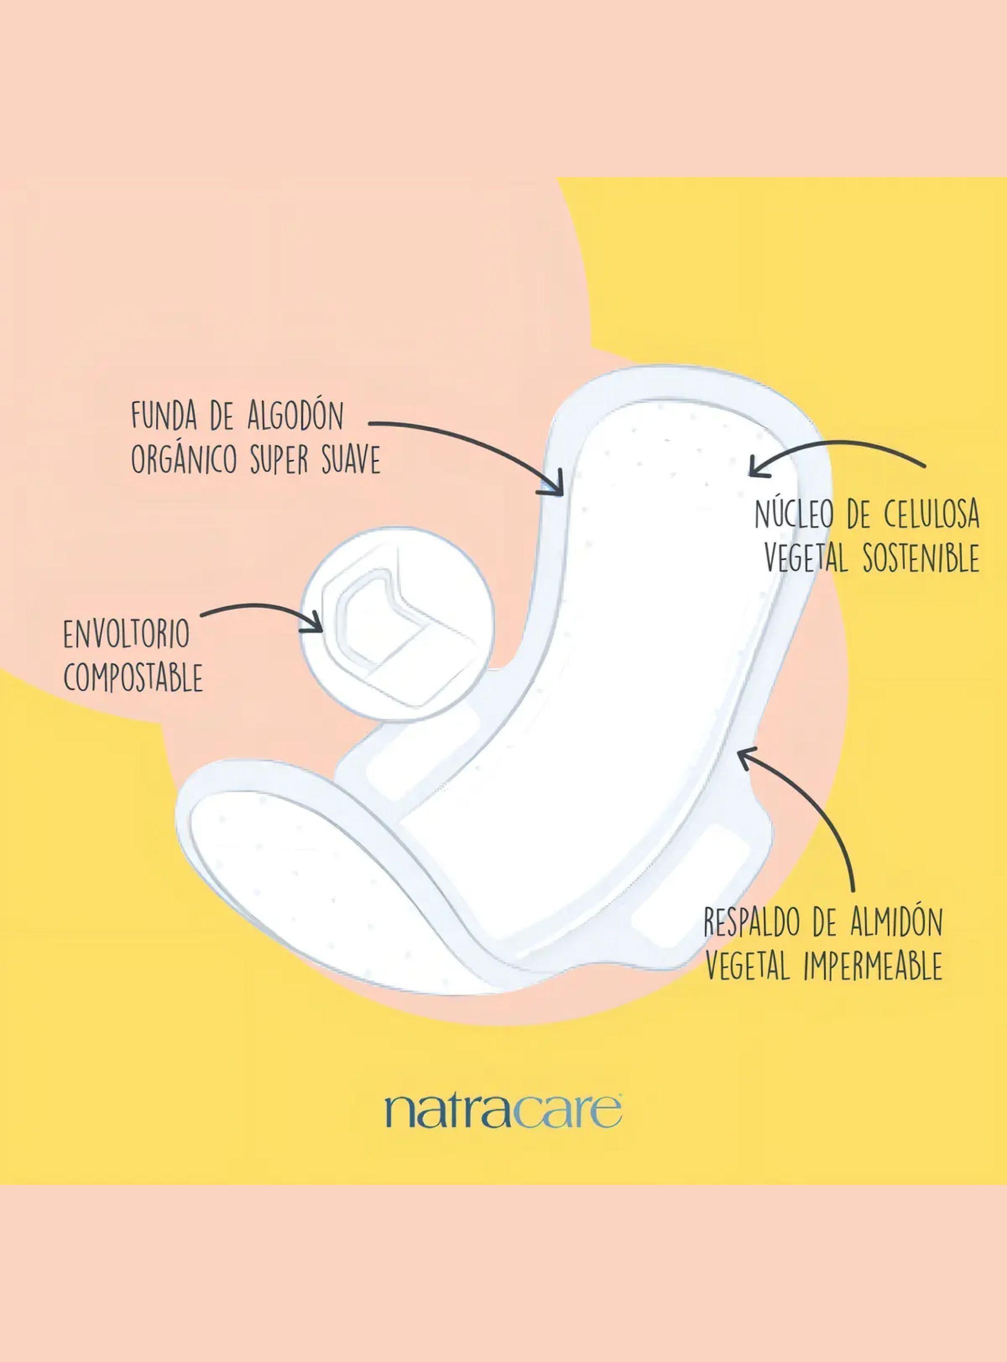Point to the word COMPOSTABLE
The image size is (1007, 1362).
(x=133, y=678)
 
